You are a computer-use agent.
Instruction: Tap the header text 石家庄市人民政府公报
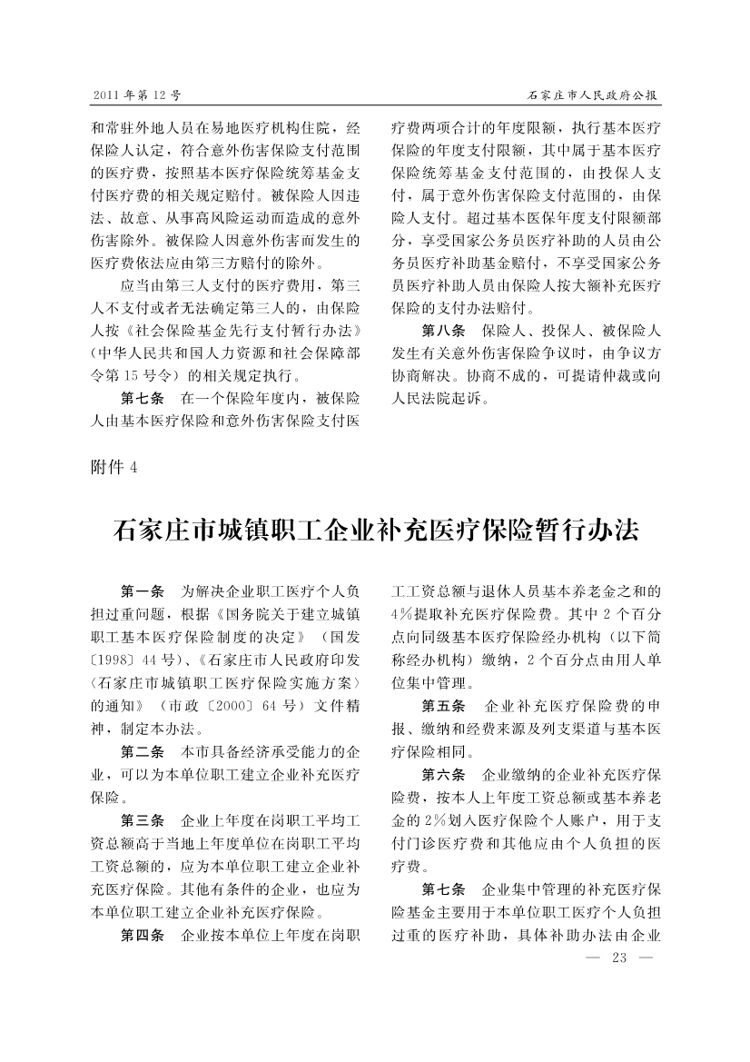click(x=594, y=94)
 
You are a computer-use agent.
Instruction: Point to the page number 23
click(x=621, y=958)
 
